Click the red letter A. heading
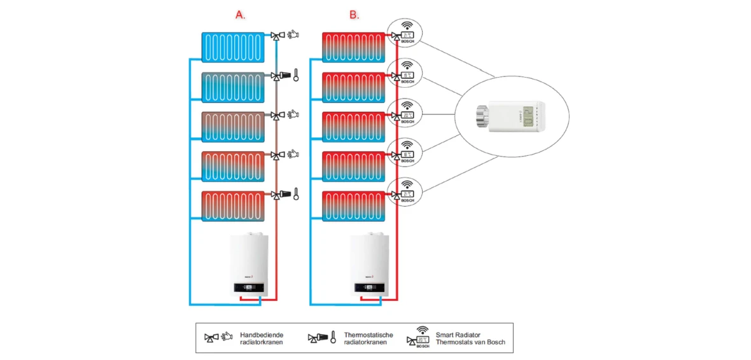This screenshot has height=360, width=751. coord(241,15)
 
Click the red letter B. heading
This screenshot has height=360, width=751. coord(354,15)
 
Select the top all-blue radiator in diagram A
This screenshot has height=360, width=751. coord(233,48)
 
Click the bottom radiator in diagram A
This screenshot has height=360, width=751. coord(233,206)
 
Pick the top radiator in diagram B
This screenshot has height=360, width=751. coord(353,48)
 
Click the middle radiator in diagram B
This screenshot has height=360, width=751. coord(353,127)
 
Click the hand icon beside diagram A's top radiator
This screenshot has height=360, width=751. coord(293,36)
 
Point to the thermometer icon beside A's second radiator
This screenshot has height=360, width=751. coord(296,76)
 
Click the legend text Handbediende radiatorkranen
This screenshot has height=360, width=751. coord(261,338)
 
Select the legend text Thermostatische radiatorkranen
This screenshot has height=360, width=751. coord(368,338)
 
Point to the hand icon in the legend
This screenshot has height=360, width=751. coord(227,338)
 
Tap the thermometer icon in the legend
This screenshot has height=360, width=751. coord(332,338)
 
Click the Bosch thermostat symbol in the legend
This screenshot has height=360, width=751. coord(421,338)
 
